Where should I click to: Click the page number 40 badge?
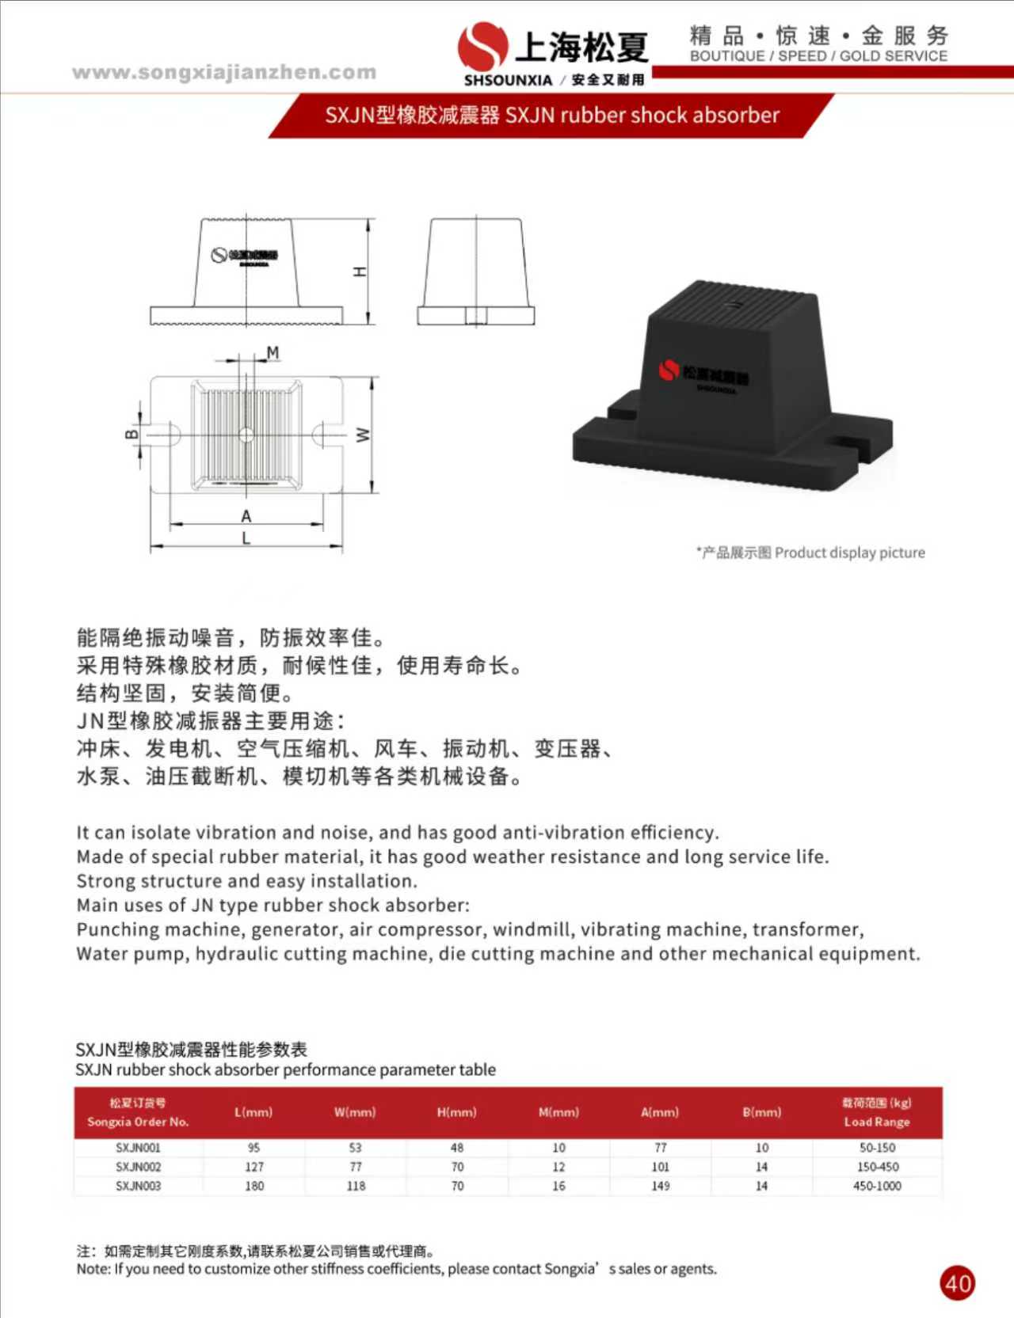coord(957,1282)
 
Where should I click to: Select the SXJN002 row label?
coord(138,1167)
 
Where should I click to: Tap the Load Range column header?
coord(876,1112)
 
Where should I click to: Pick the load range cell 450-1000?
coord(877,1186)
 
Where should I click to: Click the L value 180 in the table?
coord(254,1186)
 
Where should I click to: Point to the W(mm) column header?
coord(355,1112)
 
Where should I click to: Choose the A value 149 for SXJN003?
coord(661,1186)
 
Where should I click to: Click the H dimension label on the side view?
coord(360,272)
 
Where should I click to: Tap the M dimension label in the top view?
coord(273,352)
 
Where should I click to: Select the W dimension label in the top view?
coord(363,435)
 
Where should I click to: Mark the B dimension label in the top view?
coord(132,434)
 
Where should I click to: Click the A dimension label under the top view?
coord(246,516)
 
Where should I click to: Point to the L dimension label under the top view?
coord(246,538)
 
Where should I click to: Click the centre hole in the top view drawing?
coord(246,435)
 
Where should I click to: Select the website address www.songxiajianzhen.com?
coord(224,73)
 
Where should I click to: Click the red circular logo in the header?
coord(482,45)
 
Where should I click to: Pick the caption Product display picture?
coord(849,553)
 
